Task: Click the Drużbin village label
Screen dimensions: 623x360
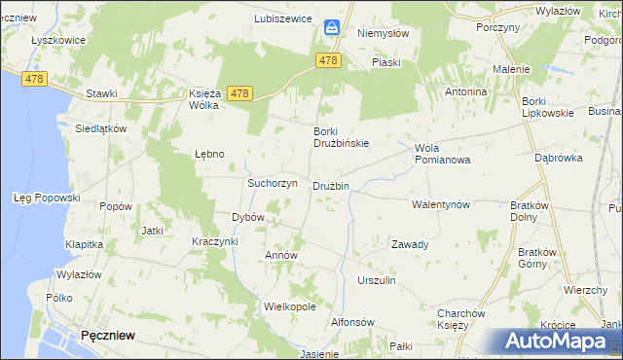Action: pos(330,186)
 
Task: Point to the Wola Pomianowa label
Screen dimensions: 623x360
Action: pos(442,154)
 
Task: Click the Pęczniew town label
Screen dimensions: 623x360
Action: pos(108,335)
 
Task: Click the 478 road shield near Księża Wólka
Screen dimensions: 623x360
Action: pos(240,93)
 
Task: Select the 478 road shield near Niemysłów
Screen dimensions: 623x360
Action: pos(328,60)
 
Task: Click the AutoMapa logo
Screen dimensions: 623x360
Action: pos(556,342)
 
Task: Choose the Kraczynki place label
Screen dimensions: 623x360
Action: pos(215,240)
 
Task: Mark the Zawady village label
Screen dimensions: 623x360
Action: pos(410,244)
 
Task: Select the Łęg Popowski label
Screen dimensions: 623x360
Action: pos(46,198)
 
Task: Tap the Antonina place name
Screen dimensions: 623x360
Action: pos(465,91)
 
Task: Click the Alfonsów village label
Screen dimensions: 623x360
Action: pos(352,322)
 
